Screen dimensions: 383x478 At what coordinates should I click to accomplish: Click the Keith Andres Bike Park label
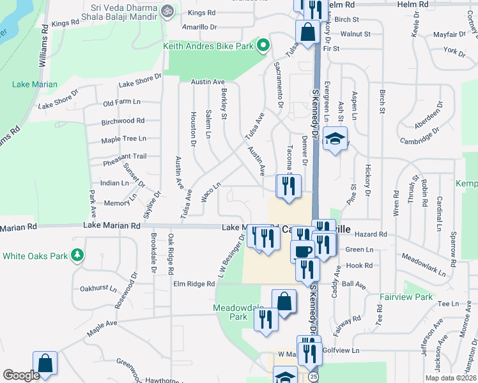209,47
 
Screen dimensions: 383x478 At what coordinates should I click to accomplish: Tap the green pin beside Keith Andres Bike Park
263,45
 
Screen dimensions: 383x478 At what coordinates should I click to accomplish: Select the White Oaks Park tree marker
78,256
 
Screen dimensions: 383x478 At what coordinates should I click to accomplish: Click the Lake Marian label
35,84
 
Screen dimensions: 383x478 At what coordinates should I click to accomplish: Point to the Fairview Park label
410,297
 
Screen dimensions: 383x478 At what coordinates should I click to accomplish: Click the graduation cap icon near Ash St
334,139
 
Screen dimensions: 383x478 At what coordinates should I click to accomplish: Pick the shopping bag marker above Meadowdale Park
284,301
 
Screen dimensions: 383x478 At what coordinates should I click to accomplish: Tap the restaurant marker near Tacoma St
288,186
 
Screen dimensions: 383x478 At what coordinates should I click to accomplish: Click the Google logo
21,375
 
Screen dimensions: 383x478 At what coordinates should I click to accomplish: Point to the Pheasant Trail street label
125,156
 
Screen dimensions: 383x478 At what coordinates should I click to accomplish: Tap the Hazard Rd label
374,234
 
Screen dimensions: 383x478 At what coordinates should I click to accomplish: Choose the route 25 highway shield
311,377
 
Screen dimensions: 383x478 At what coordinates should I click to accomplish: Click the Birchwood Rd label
123,121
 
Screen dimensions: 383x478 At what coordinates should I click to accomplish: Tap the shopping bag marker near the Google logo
45,363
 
